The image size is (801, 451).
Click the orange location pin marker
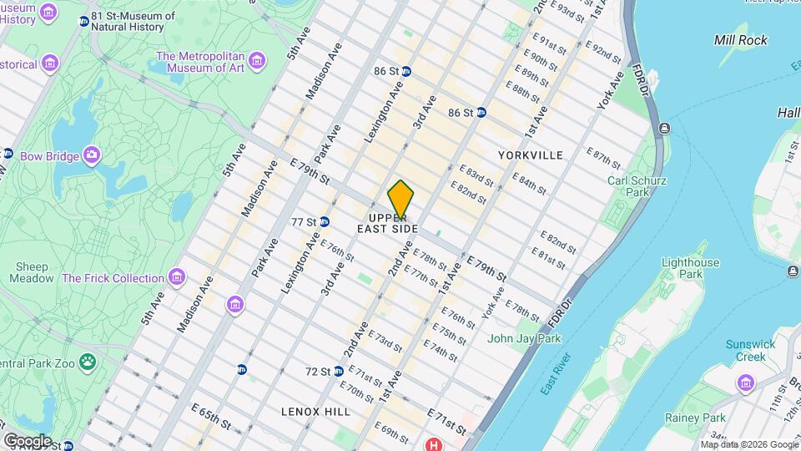click(x=400, y=200)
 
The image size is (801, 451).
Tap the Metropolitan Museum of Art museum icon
click(x=256, y=60)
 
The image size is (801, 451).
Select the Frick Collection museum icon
click(x=176, y=276)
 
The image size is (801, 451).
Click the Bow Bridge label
click(x=50, y=155)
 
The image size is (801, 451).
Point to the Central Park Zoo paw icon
click(x=88, y=362)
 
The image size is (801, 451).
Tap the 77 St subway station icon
click(x=323, y=222)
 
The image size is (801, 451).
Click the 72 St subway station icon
click(x=338, y=371)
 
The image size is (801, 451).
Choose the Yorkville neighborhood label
click(x=530, y=155)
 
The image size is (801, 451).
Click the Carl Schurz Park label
click(x=637, y=186)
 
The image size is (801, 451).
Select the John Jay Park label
click(x=524, y=338)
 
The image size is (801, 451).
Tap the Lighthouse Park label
click(x=689, y=268)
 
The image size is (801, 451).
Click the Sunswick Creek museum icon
click(x=745, y=382)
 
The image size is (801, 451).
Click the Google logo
click(x=28, y=440)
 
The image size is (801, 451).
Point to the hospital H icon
click(x=433, y=445)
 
